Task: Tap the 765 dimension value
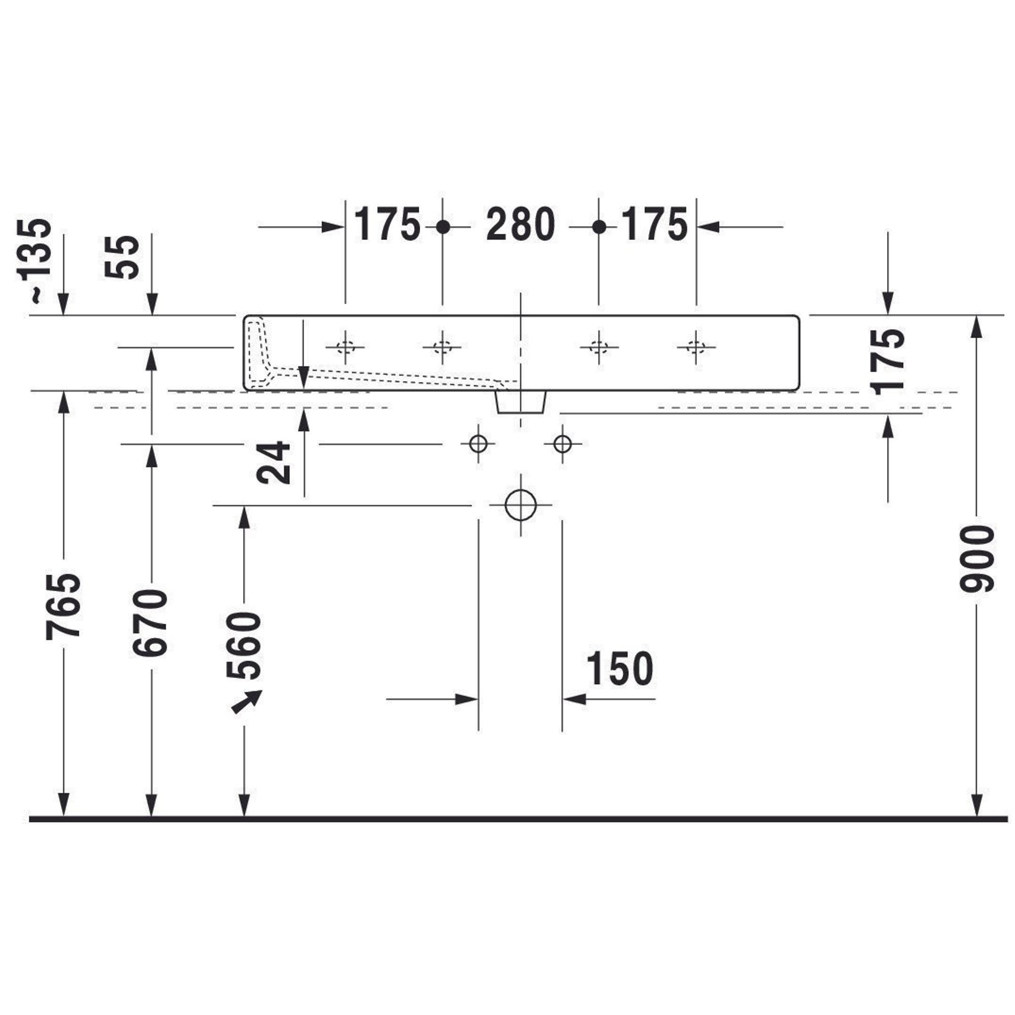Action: (x=63, y=606)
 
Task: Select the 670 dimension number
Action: (x=150, y=623)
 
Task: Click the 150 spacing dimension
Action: (x=620, y=668)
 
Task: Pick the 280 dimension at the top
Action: (x=520, y=224)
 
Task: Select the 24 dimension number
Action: (x=273, y=462)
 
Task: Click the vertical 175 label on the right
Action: (x=888, y=361)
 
